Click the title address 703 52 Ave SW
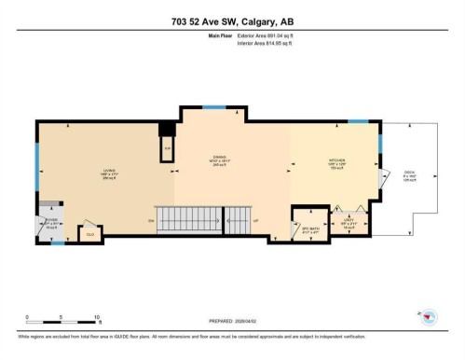[x=232, y=21]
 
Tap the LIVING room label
[x=108, y=173]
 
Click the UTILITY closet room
[x=347, y=224]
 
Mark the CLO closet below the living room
[x=90, y=234]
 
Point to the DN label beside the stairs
[x=150, y=221]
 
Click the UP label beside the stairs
[x=256, y=221]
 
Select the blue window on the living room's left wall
[x=36, y=172]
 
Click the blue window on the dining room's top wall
[x=214, y=106]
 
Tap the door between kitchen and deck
[x=382, y=178]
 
